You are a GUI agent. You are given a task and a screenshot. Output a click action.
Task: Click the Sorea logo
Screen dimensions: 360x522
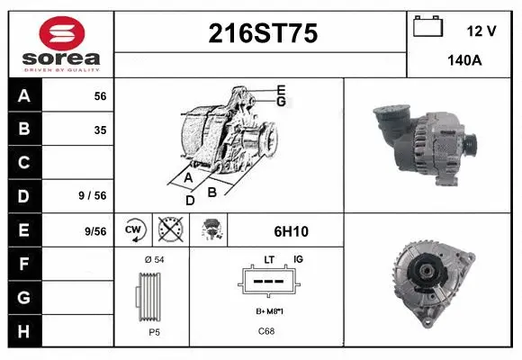point(61,43)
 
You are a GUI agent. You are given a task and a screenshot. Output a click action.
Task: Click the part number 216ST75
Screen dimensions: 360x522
point(263,33)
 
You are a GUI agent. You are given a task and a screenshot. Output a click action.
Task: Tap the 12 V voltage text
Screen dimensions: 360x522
point(481,31)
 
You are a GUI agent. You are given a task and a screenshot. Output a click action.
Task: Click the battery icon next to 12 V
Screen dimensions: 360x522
point(426,28)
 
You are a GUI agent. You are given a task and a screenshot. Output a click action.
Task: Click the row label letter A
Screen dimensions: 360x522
point(24,95)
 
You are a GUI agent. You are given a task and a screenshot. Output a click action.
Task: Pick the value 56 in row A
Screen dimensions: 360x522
point(100,95)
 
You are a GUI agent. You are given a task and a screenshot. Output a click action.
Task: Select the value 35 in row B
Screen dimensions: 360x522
point(100,130)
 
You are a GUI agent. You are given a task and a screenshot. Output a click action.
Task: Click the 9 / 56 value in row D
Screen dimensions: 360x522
point(93,195)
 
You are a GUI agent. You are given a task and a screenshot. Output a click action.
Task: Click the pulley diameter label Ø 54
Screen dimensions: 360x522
point(153,259)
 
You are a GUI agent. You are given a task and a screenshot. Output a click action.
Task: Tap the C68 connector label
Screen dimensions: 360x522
point(266,331)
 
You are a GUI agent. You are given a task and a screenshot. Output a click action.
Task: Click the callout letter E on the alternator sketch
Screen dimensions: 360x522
point(281,89)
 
